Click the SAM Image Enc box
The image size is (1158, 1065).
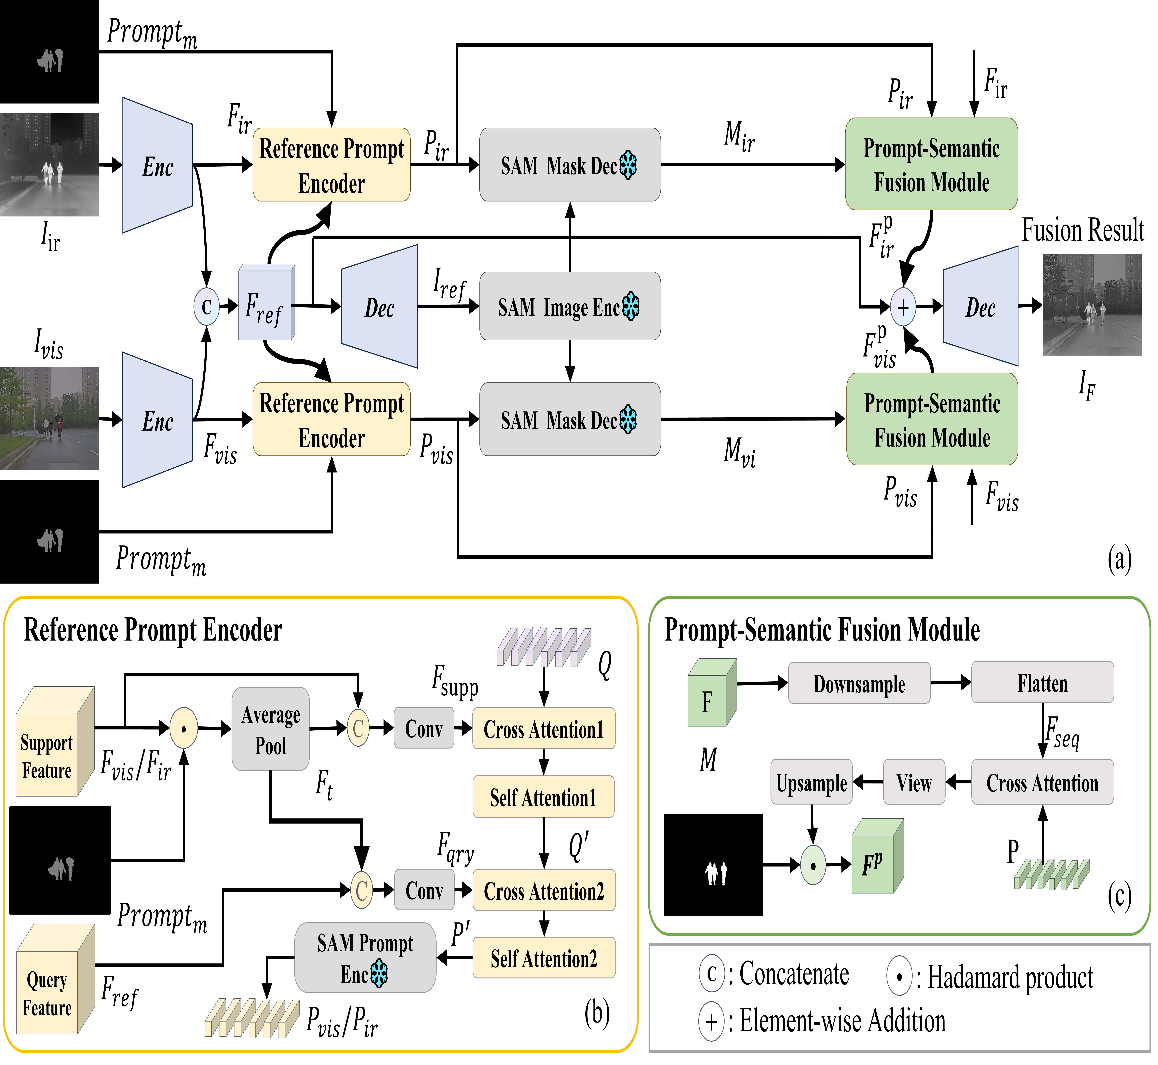569,306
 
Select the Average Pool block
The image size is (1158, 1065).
270,729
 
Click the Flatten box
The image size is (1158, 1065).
1042,683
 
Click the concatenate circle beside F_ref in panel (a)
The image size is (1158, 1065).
206,307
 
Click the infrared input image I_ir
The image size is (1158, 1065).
49,165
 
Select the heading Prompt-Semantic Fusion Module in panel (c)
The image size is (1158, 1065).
822,629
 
